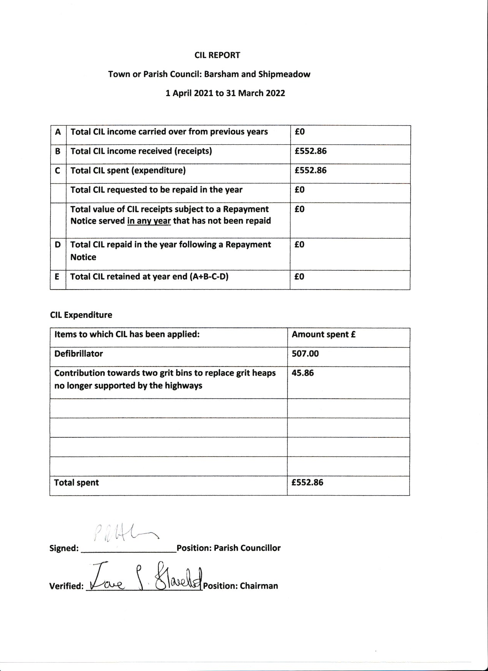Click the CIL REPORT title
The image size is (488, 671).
pos(217,55)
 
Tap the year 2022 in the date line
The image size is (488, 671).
pos(274,93)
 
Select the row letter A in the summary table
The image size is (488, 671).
pos(58,132)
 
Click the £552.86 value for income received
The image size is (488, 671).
pos(310,151)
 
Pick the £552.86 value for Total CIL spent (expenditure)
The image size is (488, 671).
pos(310,170)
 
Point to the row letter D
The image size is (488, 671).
pos(58,245)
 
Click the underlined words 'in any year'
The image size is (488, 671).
pos(149,221)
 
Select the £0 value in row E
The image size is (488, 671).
pos(299,277)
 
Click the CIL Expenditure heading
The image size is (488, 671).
pos(81,315)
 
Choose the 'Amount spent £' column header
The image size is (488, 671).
pos(323,334)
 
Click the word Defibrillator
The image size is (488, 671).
pos(78,354)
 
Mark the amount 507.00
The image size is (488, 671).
pos(305,354)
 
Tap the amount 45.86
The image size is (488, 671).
pos(302,373)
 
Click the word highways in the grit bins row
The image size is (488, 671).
pos(183,386)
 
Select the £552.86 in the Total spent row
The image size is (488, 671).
pos(307,483)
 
